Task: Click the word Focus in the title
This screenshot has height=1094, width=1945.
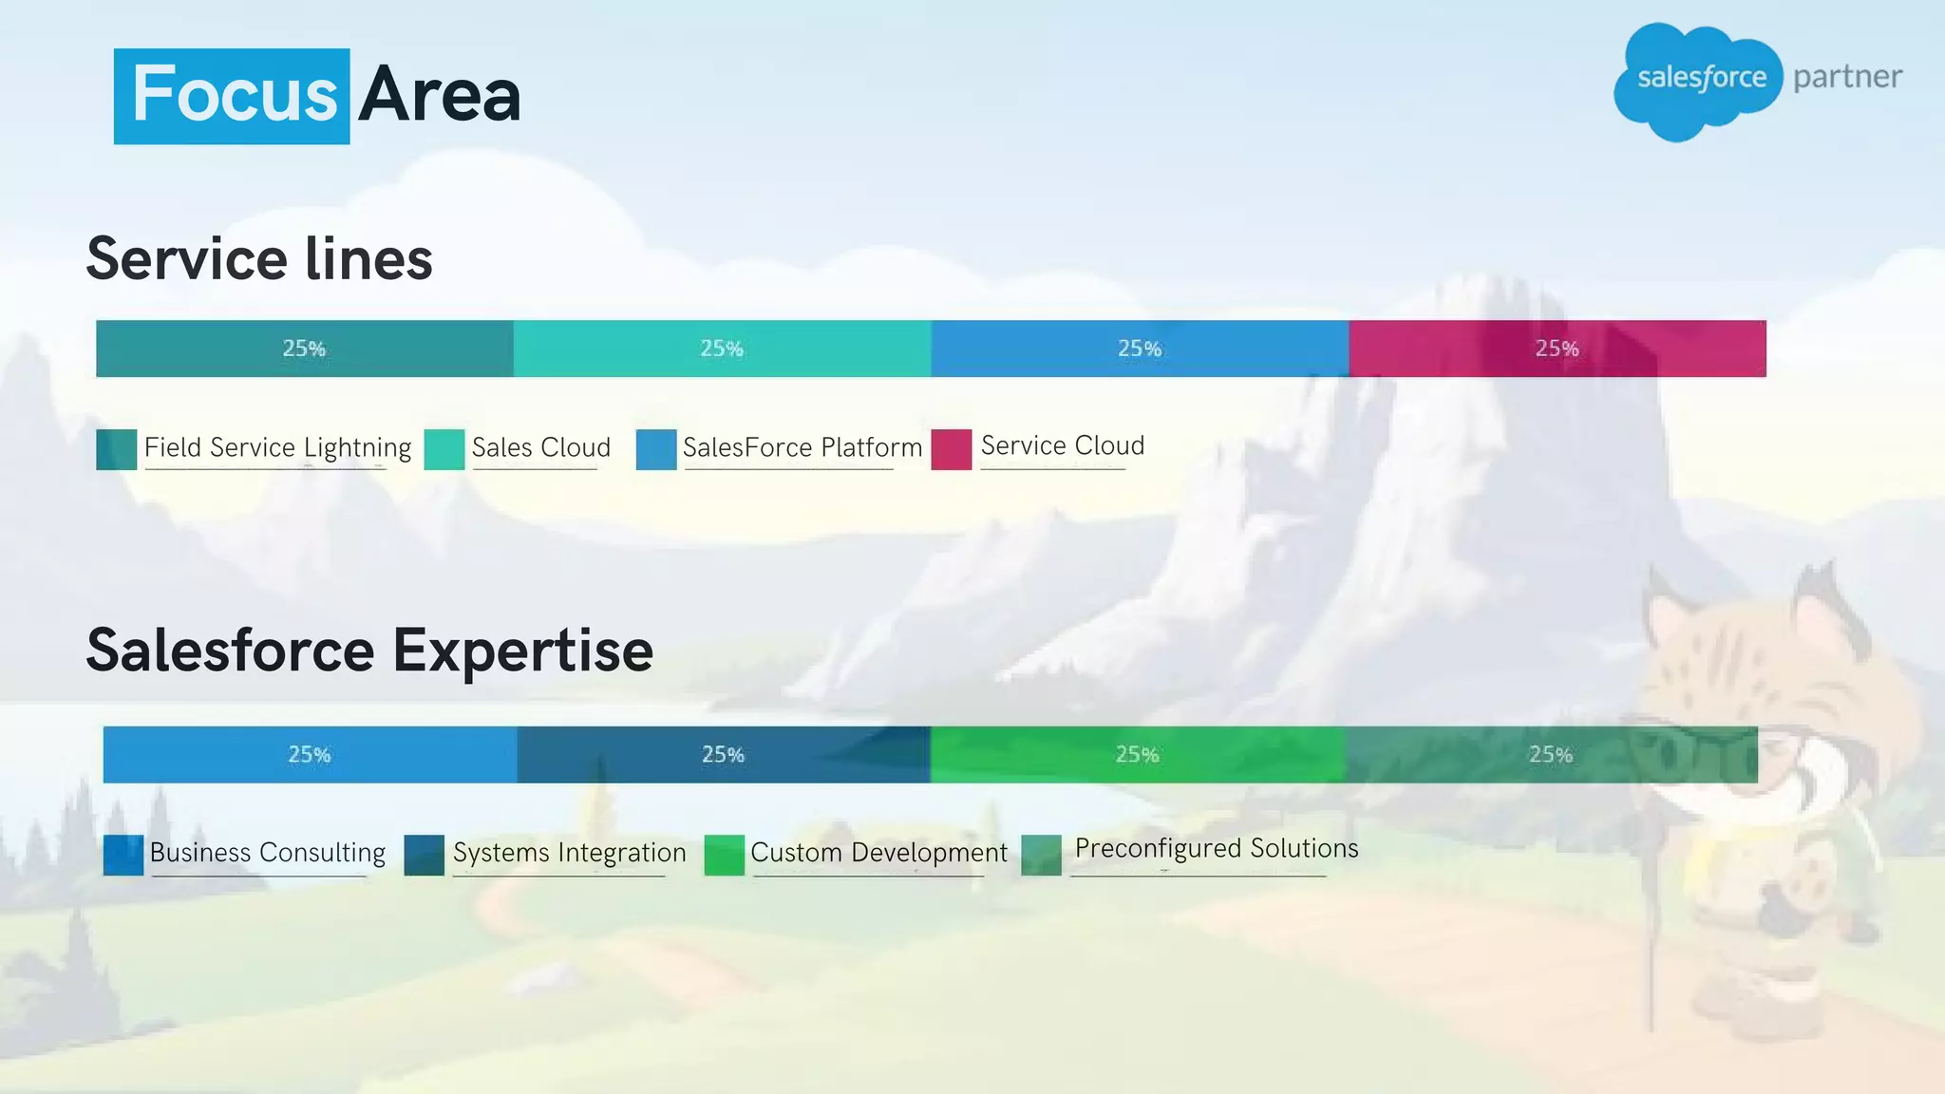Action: click(234, 95)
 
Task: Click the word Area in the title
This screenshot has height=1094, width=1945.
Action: click(440, 95)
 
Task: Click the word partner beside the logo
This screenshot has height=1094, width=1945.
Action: click(1847, 77)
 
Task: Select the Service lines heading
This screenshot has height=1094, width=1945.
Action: click(259, 258)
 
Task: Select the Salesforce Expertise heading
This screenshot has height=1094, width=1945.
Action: click(369, 651)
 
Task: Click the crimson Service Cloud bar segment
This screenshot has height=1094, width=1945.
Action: click(1557, 349)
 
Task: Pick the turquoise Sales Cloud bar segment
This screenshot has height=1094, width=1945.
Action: click(722, 349)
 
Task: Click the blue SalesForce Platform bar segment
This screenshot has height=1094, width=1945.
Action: click(1139, 349)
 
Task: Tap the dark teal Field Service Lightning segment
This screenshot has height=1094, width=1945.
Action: click(304, 349)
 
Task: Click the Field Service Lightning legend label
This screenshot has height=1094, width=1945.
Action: click(277, 447)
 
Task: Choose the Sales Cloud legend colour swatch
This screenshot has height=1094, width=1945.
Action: click(444, 449)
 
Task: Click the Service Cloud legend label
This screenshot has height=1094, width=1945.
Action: click(1062, 445)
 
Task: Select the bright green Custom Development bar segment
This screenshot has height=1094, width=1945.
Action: click(1137, 755)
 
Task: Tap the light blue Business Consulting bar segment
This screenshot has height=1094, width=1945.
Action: click(310, 755)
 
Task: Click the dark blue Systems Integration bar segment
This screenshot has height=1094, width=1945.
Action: click(723, 755)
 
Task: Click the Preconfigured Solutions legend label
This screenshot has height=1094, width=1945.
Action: click(1216, 848)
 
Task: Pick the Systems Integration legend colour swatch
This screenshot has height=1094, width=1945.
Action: click(424, 855)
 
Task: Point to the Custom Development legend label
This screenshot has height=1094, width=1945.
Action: click(878, 853)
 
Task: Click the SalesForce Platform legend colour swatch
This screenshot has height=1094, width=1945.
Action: click(655, 449)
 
